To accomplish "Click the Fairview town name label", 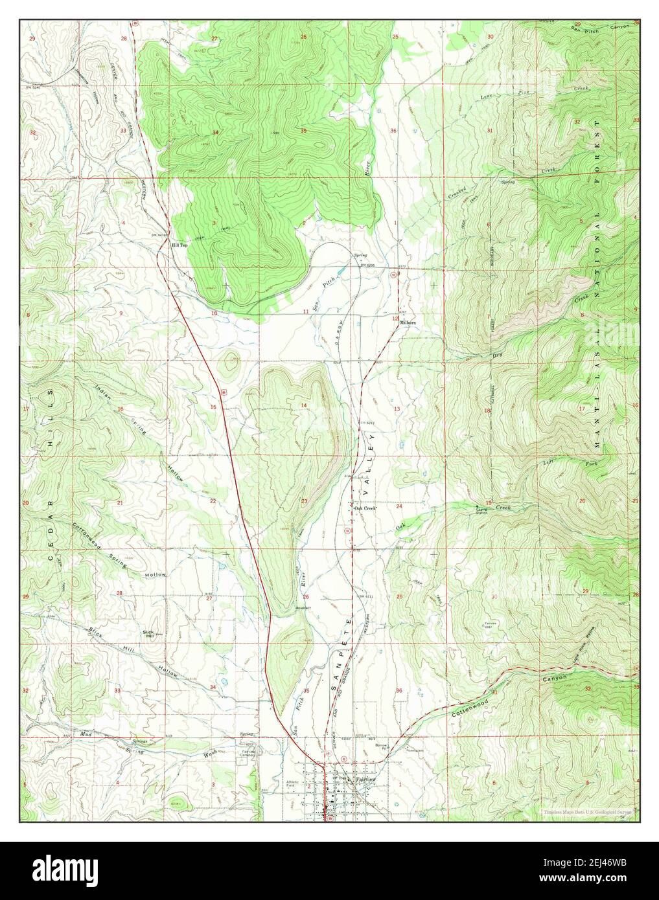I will coord(366,779).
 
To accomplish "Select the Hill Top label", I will coord(179,245).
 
